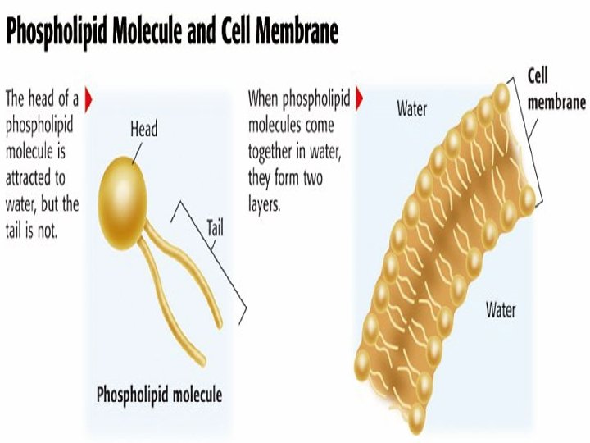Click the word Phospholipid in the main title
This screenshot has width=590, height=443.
(x=57, y=32)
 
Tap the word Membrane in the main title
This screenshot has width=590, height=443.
(x=297, y=31)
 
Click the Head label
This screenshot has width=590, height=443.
(x=143, y=130)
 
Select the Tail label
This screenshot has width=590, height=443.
(x=215, y=228)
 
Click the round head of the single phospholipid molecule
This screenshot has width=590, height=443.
(x=122, y=203)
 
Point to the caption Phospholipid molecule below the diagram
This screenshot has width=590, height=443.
(x=159, y=395)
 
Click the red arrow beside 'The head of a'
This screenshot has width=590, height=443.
(x=88, y=99)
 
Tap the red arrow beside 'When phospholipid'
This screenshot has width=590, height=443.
(x=359, y=99)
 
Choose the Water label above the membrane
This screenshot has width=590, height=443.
(x=411, y=109)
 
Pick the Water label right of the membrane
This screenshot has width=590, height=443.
(x=501, y=309)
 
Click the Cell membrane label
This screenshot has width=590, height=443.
(x=556, y=89)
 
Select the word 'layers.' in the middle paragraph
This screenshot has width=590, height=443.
(x=264, y=204)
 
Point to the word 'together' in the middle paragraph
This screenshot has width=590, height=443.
(x=270, y=152)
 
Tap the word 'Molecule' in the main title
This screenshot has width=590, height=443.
(x=147, y=31)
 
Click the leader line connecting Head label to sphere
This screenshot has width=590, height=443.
(x=137, y=153)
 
